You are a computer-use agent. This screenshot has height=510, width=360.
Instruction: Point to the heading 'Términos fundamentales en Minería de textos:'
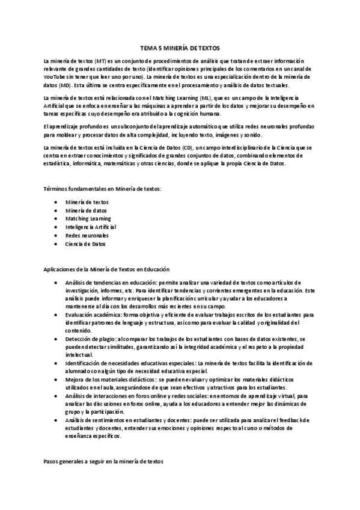[x=102, y=189]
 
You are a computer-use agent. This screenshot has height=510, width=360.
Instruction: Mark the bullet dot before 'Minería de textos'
[x=56, y=202]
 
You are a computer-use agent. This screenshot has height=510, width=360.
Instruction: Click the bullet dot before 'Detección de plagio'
[x=56, y=339]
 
